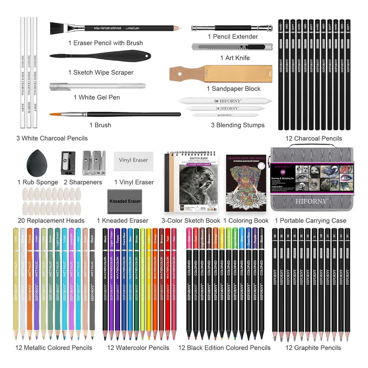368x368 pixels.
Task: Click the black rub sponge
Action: (34, 163)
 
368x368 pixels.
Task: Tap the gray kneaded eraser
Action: (124, 201)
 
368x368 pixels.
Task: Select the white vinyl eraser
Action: (133, 160)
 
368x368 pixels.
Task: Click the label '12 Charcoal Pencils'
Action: (313, 139)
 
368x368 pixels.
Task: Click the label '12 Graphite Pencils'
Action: (313, 348)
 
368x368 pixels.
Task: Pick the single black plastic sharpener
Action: (68, 160)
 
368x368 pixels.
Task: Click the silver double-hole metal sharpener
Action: (93, 160)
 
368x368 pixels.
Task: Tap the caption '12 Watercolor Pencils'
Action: (138, 348)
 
